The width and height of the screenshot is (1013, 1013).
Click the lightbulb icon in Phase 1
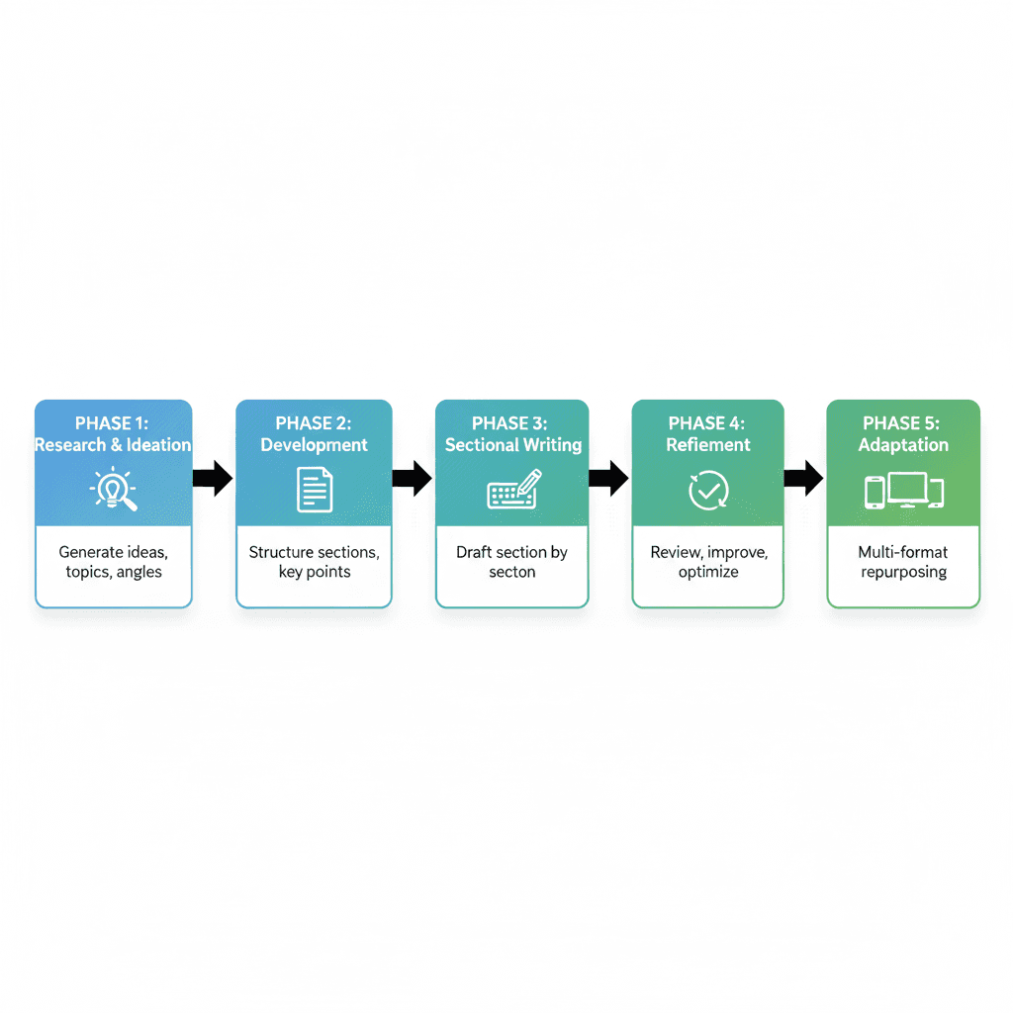pos(112,489)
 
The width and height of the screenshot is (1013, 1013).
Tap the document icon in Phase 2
pos(315,490)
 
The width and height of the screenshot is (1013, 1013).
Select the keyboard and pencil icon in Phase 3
pos(514,490)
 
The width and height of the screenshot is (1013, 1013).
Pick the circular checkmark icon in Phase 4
pos(708,490)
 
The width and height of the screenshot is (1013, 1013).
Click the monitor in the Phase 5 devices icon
pos(907,489)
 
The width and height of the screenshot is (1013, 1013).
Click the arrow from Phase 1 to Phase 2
pos(213,479)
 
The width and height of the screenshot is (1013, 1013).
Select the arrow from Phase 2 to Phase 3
pos(413,479)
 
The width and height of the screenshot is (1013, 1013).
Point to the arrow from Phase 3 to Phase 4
pos(608,479)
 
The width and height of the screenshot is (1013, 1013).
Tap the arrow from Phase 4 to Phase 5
pos(803,479)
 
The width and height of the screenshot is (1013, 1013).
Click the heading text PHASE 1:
pos(112,423)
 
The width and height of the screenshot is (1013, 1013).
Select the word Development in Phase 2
pos(314,445)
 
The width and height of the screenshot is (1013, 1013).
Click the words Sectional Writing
pos(513,445)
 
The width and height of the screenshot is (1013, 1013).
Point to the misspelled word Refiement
pos(708,445)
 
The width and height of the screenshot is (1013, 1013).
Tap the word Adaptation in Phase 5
pos(903,445)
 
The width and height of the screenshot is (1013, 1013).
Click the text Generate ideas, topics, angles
pos(114,562)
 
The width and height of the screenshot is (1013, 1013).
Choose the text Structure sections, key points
pos(314,562)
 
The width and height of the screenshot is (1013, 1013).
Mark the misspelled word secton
pos(511,572)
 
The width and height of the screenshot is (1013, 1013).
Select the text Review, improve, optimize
pos(708,562)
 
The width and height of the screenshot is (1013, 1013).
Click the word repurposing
pos(903,572)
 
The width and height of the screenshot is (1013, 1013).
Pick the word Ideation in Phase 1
pos(159,445)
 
